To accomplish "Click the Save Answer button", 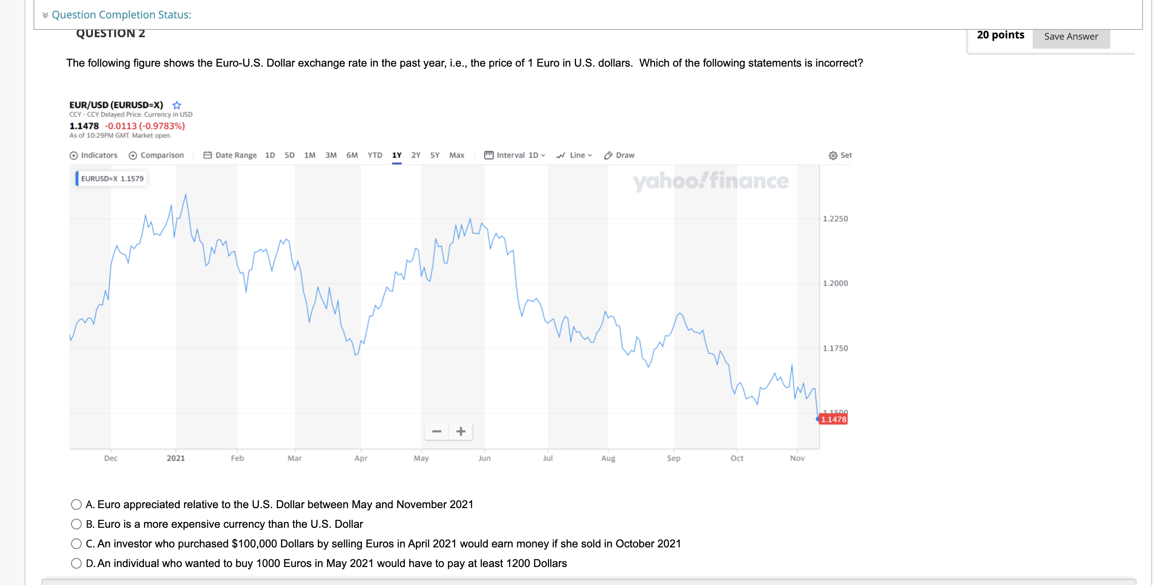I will pyautogui.click(x=1071, y=37).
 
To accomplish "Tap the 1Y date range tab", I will pyautogui.click(x=397, y=155).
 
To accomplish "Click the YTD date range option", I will pyautogui.click(x=375, y=155).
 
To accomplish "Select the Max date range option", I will pyautogui.click(x=456, y=155).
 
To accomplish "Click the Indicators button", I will pyautogui.click(x=94, y=155).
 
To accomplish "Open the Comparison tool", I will pyautogui.click(x=156, y=155).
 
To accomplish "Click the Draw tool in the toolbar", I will pyautogui.click(x=620, y=155).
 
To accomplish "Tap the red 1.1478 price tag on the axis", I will pyautogui.click(x=833, y=419).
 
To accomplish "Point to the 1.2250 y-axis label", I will pyautogui.click(x=835, y=219).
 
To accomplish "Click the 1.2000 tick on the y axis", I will pyautogui.click(x=835, y=283).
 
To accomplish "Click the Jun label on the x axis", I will pyautogui.click(x=484, y=458).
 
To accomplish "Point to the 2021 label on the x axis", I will pyautogui.click(x=176, y=458).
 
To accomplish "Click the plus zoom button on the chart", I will pyautogui.click(x=460, y=431).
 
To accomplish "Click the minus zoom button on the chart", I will pyautogui.click(x=437, y=431).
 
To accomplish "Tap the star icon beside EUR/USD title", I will pyautogui.click(x=177, y=105).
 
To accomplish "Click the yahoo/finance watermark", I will pyautogui.click(x=710, y=181).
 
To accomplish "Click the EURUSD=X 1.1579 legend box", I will pyautogui.click(x=112, y=178).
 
